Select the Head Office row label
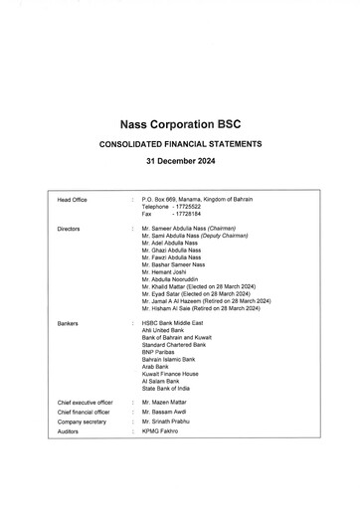[x=73, y=200]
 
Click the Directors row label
[x=69, y=229]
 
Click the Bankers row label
[x=68, y=323]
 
